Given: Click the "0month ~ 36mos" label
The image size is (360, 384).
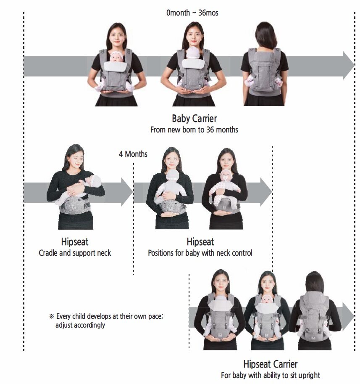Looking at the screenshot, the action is pos(192,13).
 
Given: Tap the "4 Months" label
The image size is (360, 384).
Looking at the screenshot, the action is pos(133,154).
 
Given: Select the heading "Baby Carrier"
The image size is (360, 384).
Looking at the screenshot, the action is pos(194,119).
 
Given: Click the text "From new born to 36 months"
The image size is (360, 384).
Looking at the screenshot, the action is pos(194,130).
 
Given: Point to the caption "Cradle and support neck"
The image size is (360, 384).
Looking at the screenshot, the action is pos(75,253).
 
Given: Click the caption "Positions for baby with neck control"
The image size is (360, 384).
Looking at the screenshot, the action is pos(200,253).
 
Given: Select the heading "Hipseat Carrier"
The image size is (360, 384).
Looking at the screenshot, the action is pos(271,364).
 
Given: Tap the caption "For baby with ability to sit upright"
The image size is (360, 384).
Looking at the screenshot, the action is pos(271,375).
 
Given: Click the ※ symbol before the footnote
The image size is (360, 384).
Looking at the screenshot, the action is pos(51,316).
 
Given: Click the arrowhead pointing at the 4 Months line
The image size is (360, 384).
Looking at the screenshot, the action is pos(127,192).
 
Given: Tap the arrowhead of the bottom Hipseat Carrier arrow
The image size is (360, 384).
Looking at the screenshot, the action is pos(348,317).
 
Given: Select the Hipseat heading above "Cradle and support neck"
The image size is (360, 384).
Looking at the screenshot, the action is pos(75,242).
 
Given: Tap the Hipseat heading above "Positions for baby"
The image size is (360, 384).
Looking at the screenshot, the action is pos(200,242).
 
